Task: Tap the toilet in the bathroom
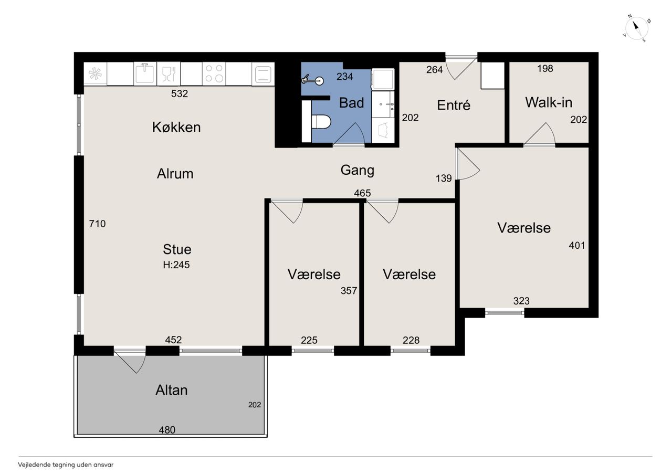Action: [321, 122]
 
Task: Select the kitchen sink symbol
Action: [145, 73]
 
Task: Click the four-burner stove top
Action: [214, 73]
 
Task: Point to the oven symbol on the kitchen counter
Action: [263, 74]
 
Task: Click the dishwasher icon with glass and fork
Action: [169, 73]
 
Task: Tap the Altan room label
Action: [172, 390]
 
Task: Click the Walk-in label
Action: [549, 102]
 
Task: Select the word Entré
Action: [454, 105]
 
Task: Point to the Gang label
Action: [358, 171]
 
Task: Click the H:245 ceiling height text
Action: [176, 265]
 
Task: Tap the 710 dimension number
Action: [97, 224]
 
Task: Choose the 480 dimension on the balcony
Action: [167, 430]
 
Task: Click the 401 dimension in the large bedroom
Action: [577, 246]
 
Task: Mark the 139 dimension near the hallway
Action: [444, 178]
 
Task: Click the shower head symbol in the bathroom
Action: [313, 80]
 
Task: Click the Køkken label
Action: [176, 127]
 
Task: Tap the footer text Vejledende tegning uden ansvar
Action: [66, 465]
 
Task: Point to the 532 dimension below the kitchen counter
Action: [180, 93]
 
